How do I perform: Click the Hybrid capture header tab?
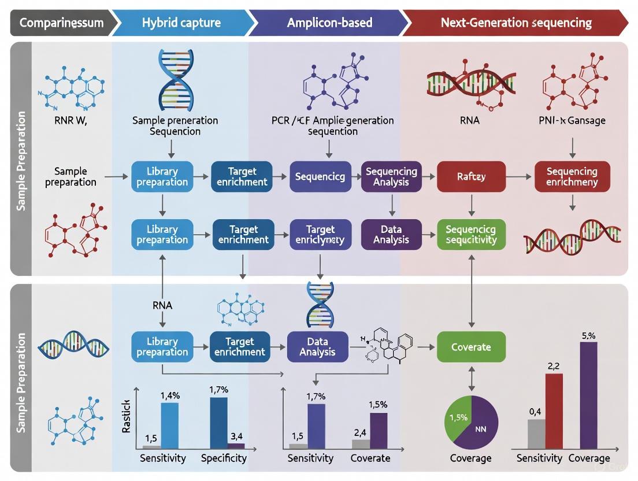(181, 23)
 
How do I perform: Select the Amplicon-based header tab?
(329, 23)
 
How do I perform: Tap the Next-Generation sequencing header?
(516, 23)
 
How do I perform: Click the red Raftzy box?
(471, 176)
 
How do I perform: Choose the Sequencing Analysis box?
(391, 176)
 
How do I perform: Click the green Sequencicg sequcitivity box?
(471, 234)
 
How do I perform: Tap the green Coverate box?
(471, 347)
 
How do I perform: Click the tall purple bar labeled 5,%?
(588, 395)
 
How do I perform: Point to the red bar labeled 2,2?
(554, 411)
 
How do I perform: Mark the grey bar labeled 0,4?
(536, 434)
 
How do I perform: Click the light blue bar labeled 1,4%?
(169, 425)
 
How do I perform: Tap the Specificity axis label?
(224, 458)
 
